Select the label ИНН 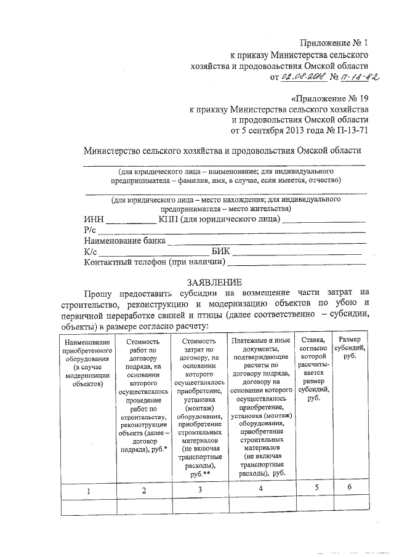[x=94, y=219]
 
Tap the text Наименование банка [x=125, y=241]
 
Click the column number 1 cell [x=88, y=491]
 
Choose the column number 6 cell [x=349, y=487]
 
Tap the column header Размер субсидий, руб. [x=349, y=347]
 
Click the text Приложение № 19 [x=329, y=98]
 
